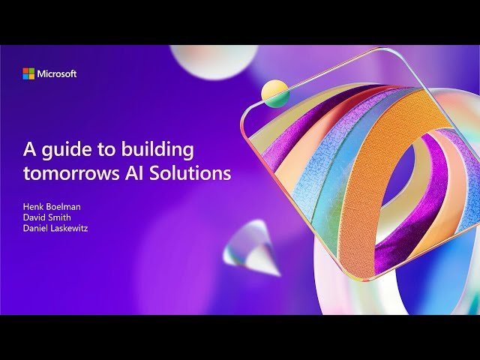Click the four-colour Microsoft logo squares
coord(28,73)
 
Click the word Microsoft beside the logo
coord(57,73)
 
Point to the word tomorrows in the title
coord(64,172)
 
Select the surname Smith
coord(62,217)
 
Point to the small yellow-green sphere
coord(275,93)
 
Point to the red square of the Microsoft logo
coord(25,70)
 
